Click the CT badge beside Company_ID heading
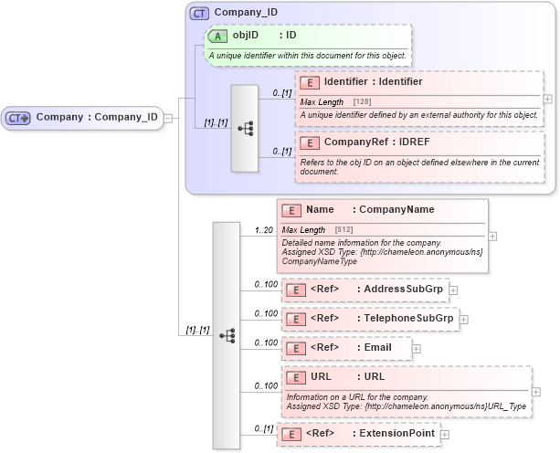coord(198,14)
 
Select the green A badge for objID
coord(217,36)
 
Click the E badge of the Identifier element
coord(309,83)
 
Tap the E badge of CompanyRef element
coord(309,142)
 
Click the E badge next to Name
coord(294,210)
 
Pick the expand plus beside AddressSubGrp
coord(452,290)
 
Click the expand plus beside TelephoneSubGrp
coord(463,319)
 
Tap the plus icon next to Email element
coord(417,347)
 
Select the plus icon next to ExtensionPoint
coord(446,433)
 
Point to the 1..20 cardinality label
coord(264,229)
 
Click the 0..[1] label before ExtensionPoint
coord(263,428)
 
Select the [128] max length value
coord(362,101)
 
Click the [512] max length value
coord(343,229)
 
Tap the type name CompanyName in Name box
coord(396,210)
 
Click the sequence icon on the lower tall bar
coord(227,335)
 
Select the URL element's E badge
coord(294,376)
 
